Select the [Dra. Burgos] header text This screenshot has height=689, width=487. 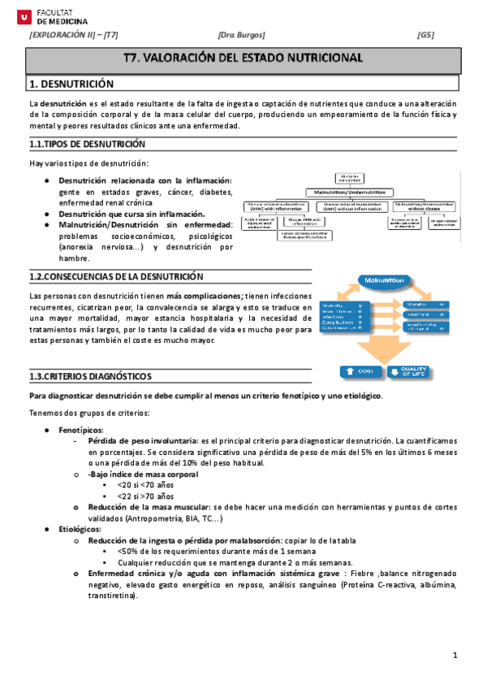tap(242, 35)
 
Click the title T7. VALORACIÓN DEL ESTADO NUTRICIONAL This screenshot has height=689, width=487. tap(242, 58)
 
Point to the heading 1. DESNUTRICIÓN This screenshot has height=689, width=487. tap(71, 84)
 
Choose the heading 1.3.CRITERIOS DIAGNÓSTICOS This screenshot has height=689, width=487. tap(89, 377)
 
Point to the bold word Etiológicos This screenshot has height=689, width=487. tap(80, 529)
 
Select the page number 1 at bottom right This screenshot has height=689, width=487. tap(455, 656)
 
